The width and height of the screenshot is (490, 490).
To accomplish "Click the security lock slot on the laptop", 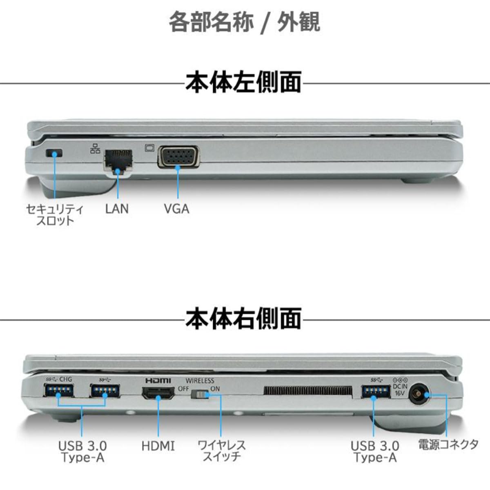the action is tap(54, 153).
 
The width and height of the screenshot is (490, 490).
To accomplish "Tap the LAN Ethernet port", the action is tap(118, 162).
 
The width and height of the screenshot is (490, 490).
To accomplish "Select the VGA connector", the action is tap(178, 157).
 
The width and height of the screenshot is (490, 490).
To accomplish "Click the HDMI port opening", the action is tap(158, 394).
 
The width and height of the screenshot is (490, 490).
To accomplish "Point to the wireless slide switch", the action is tap(200, 395).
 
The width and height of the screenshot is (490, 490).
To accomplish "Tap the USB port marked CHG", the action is tap(58, 391).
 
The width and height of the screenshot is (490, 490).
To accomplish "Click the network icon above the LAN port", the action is tap(95, 148).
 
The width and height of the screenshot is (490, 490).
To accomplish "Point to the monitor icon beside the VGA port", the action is tap(149, 148).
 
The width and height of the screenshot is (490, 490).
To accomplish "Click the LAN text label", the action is tap(117, 209).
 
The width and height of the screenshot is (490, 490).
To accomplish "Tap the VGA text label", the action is tap(177, 209).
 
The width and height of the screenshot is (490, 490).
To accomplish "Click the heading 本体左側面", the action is tap(244, 82).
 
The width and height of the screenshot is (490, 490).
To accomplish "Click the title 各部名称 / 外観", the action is tap(244, 22).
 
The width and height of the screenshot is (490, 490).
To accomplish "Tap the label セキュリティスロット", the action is tap(55, 215).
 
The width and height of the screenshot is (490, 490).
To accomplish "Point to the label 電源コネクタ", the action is tap(448, 445).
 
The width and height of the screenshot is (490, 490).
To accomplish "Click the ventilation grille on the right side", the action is tap(308, 391).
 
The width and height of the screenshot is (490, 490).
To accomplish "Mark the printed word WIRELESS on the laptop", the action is tap(200, 381).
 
